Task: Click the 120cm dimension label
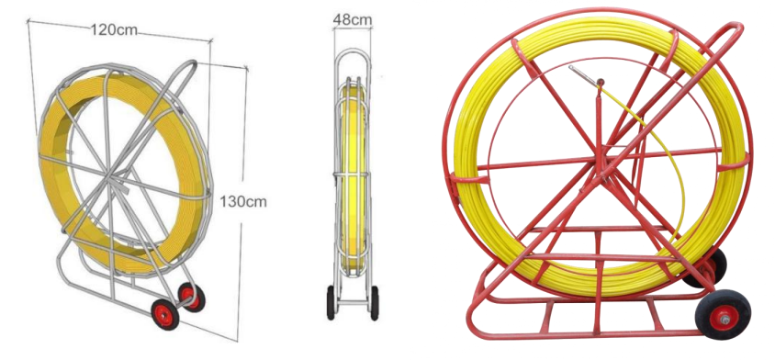point(114,29)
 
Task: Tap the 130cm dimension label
point(242,202)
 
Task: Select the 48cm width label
point(353,20)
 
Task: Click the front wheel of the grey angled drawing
point(164,314)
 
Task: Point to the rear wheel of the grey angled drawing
point(191,297)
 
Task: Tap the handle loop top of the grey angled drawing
point(189,65)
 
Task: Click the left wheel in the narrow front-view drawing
point(331,302)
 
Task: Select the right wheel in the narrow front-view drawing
point(375,302)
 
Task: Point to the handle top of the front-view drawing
point(352,50)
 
